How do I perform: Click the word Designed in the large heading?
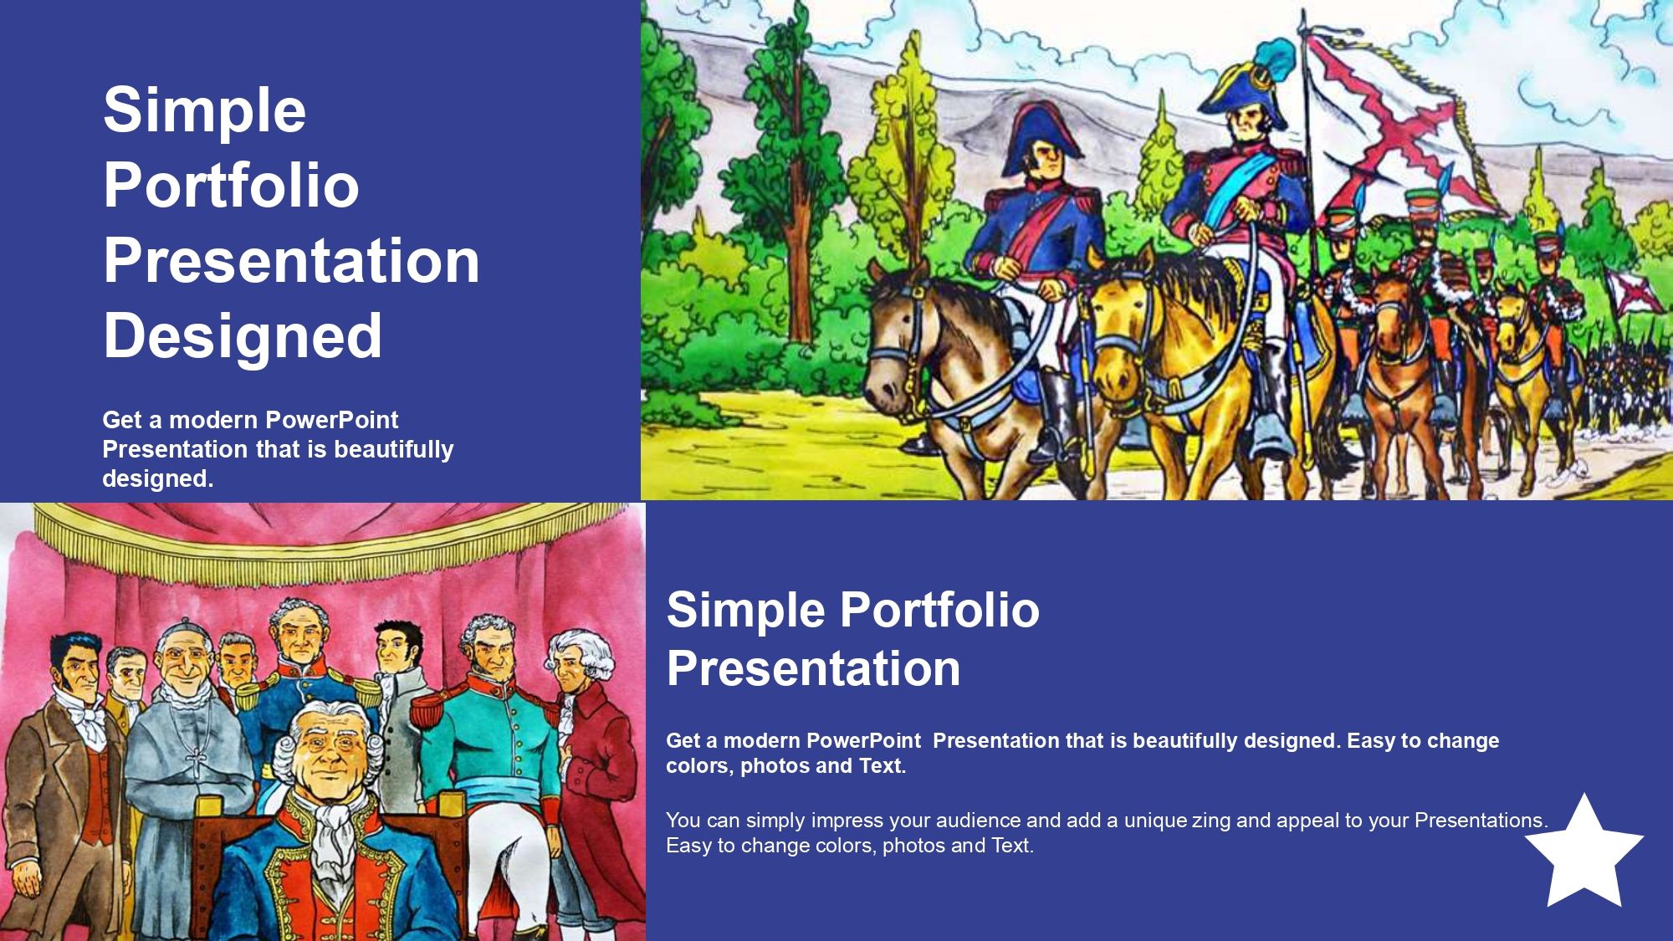coord(243,335)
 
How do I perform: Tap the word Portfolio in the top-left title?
coord(232,185)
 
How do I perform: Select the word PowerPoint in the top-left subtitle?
coord(332,419)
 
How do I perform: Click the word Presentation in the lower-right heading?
coord(813,668)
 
